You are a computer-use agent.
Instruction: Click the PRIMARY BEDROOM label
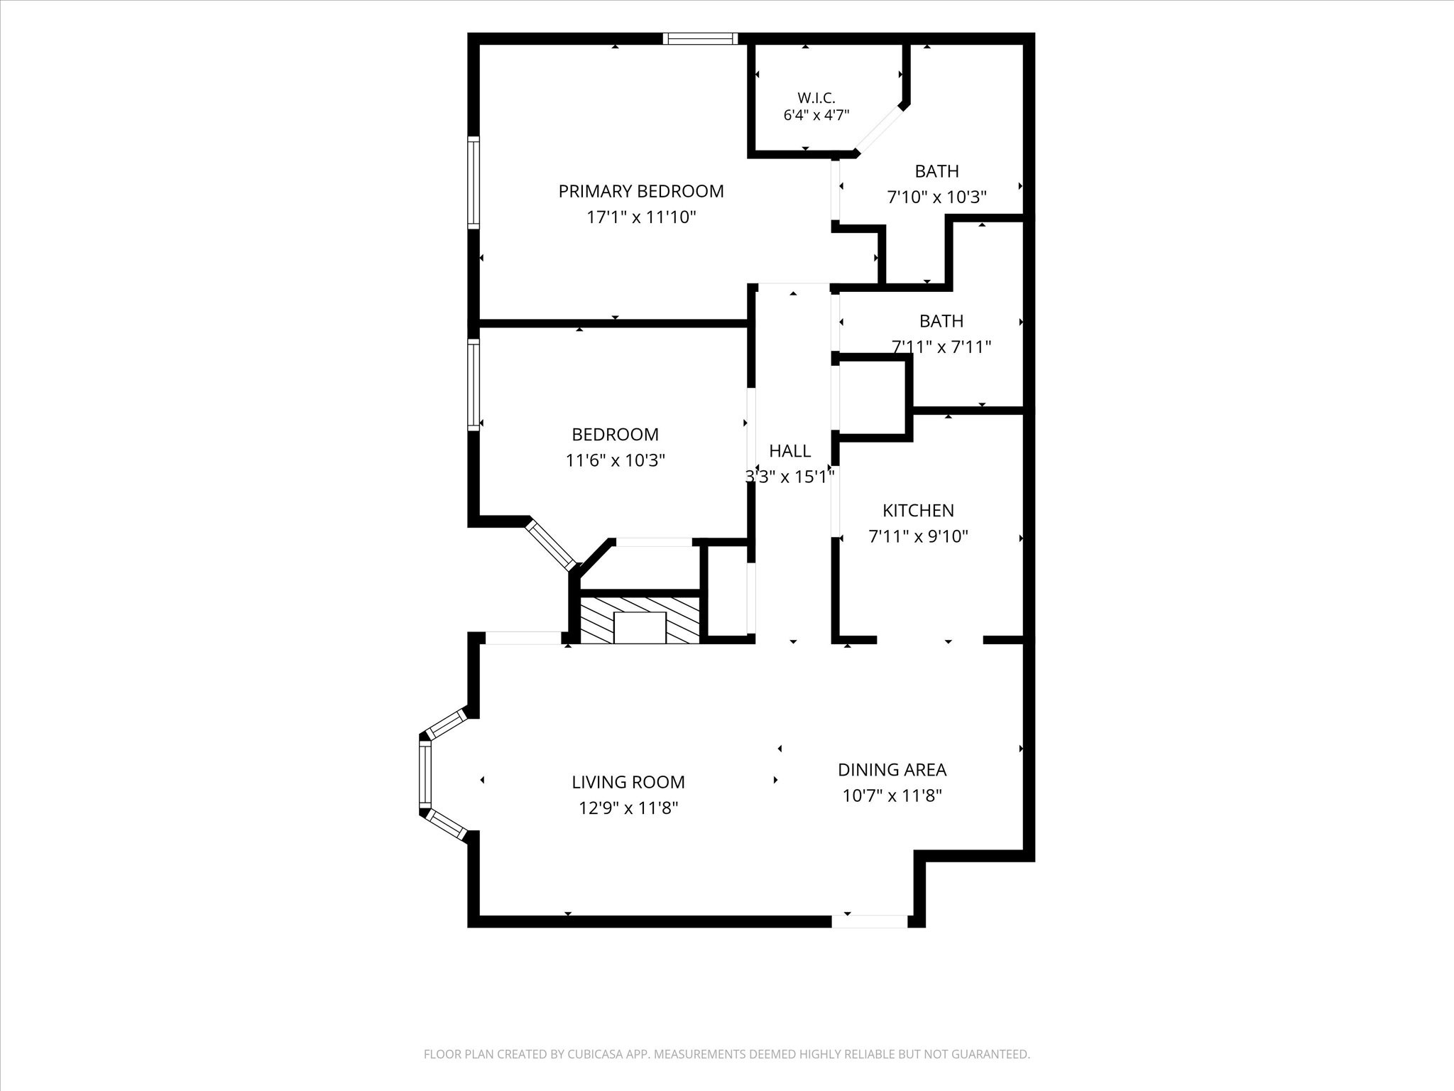641,191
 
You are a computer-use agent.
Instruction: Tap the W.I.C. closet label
816,97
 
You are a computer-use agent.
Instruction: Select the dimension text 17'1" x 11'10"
641,217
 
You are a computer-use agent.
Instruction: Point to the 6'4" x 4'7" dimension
816,115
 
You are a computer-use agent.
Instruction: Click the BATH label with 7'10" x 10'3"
936,171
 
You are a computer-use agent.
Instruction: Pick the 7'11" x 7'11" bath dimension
941,347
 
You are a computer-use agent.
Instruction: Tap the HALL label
789,451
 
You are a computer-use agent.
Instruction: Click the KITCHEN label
918,510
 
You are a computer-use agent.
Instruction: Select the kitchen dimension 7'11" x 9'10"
918,536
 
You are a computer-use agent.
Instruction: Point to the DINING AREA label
892,769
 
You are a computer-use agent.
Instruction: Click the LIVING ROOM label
628,782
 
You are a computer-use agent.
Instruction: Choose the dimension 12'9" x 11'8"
628,808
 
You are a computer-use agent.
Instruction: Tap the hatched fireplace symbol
640,620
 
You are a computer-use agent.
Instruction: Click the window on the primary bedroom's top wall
701,39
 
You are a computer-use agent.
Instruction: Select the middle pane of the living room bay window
425,775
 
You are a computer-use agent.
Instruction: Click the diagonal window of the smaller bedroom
550,545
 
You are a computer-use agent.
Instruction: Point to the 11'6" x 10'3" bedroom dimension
615,461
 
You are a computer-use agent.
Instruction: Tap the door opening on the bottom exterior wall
870,921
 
